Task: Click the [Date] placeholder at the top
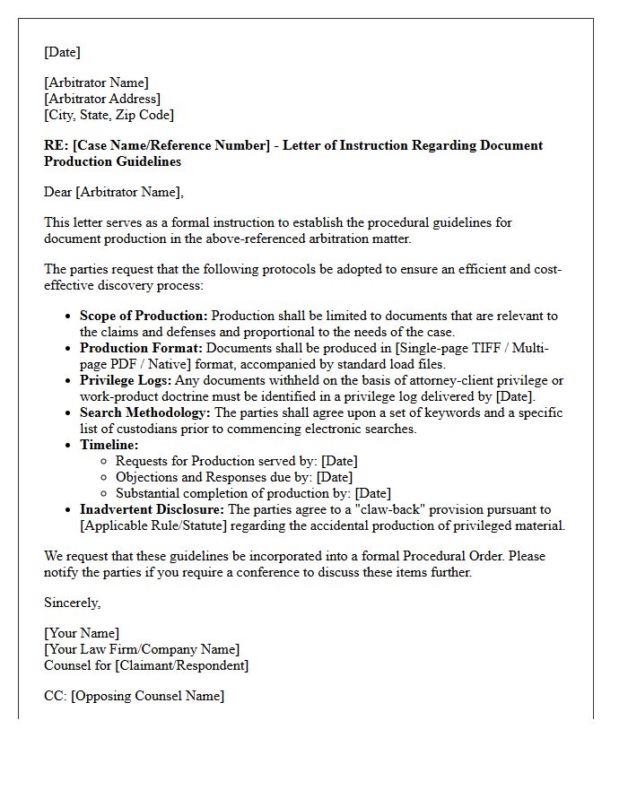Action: (62, 52)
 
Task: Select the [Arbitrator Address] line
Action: (102, 99)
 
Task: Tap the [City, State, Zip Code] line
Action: (109, 115)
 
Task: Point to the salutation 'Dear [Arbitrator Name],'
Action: (113, 192)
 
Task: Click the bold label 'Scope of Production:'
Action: (144, 316)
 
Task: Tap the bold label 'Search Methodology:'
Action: (144, 412)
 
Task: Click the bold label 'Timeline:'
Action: (109, 445)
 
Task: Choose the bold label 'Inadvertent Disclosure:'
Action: (153, 509)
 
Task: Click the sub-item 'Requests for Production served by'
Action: (216, 461)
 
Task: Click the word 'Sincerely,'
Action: (72, 603)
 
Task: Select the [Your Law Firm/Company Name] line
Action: (142, 649)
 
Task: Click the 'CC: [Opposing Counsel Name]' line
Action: (134, 696)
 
